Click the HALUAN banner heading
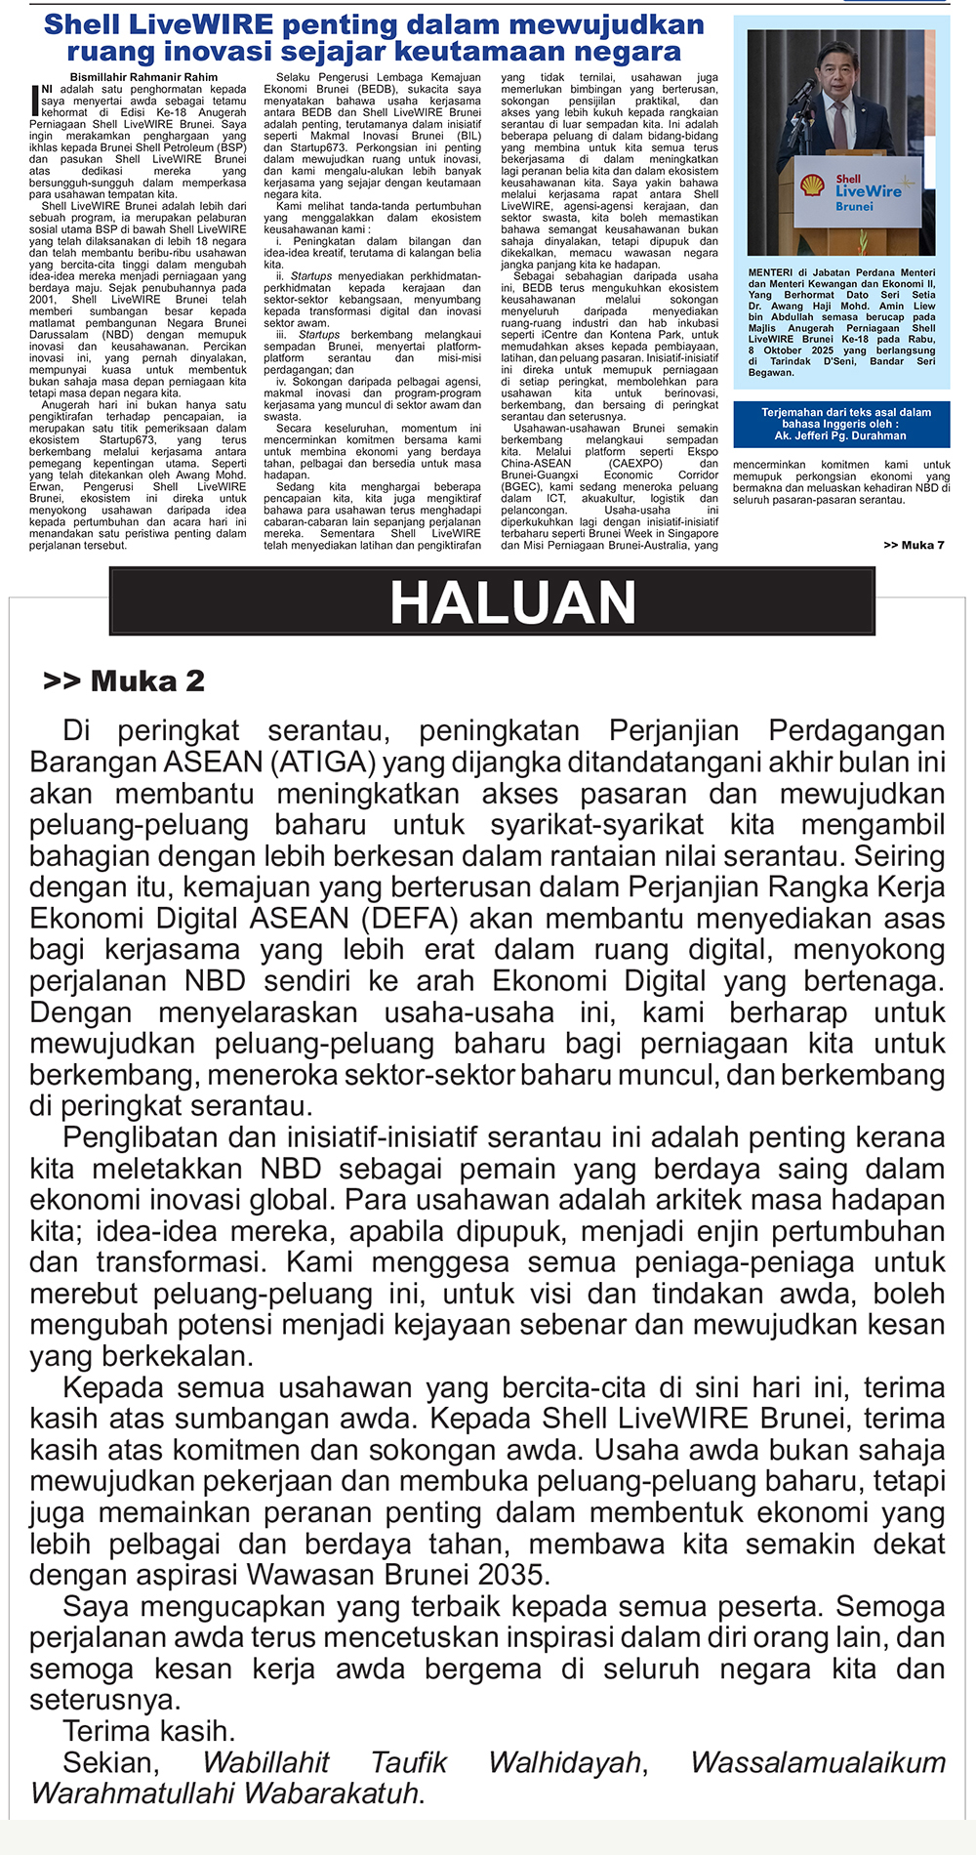[512, 601]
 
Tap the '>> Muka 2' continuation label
[124, 680]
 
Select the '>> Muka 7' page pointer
[914, 545]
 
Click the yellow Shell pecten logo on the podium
[812, 185]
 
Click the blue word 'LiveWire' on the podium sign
[869, 191]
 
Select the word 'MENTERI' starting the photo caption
[770, 272]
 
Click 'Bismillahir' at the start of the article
[98, 77]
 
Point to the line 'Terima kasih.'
[148, 1731]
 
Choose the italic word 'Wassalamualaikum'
[818, 1762]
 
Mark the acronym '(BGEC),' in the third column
[523, 486]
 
